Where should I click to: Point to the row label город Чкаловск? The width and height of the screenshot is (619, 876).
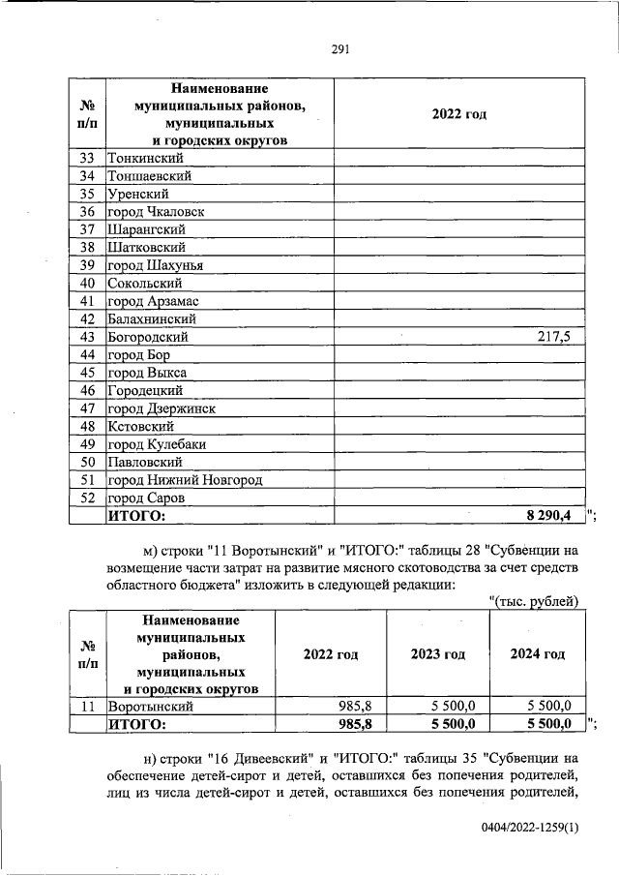(156, 211)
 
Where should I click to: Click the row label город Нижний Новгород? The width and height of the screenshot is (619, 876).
(185, 480)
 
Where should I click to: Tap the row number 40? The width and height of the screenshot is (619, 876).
(87, 284)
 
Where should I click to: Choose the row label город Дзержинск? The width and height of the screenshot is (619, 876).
(161, 408)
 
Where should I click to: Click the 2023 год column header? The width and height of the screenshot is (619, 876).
(438, 654)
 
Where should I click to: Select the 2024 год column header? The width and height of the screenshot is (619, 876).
(538, 654)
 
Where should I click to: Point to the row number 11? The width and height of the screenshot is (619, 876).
(87, 706)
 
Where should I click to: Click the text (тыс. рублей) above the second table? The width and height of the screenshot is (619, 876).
(534, 602)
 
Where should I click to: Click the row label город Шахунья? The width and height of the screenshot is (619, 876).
(155, 265)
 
